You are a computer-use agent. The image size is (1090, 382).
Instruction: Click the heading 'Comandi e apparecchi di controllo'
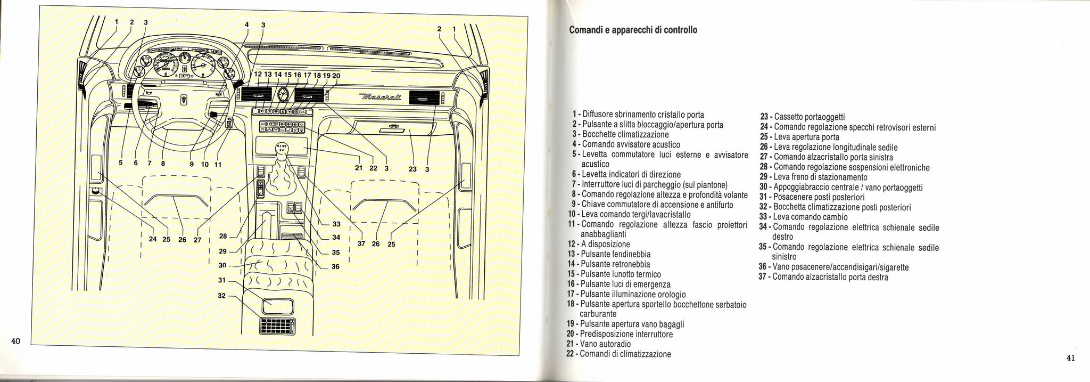coord(633,30)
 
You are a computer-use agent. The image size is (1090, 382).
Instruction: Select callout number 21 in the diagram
coord(359,169)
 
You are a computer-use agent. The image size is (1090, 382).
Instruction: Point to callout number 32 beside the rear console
coord(222,296)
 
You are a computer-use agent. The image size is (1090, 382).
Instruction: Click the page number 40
coord(15,342)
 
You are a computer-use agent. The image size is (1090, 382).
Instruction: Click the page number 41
coord(1071,358)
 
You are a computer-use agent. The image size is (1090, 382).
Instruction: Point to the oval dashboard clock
coord(283,96)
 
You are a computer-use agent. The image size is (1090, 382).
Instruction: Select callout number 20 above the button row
coord(336,76)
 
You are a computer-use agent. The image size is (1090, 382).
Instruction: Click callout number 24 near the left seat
coord(153,239)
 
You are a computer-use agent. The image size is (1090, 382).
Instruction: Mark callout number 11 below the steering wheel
coord(218,164)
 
